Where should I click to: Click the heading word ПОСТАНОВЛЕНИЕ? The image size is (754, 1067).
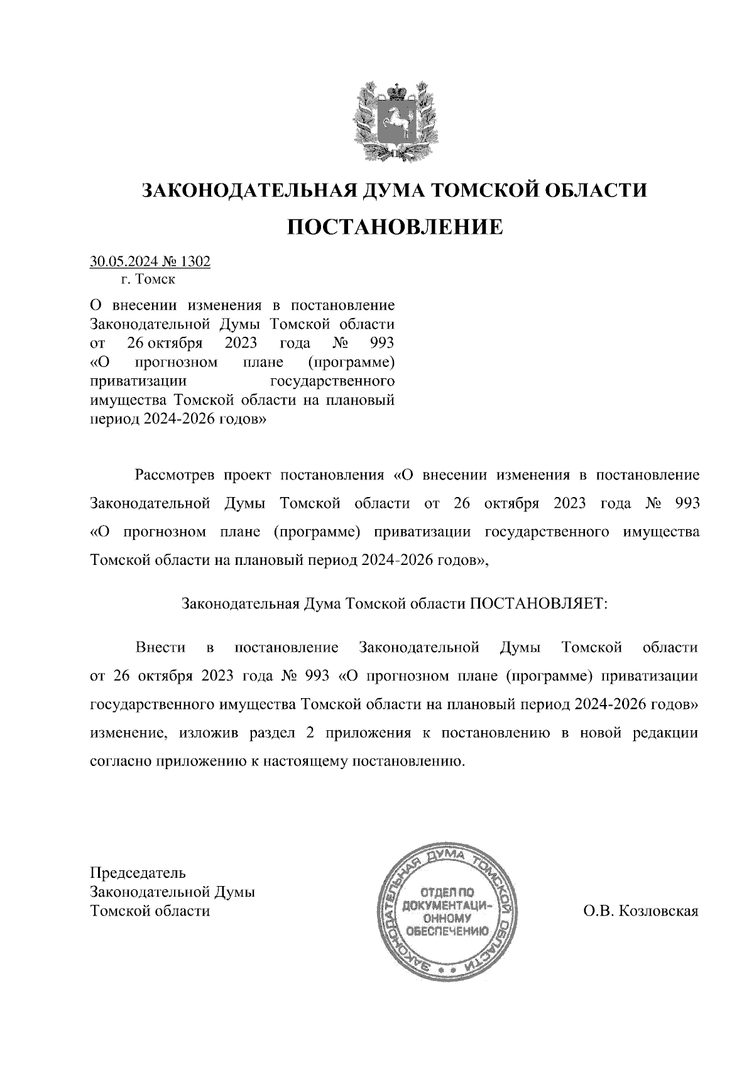pos(395,227)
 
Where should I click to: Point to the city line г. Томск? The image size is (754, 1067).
pos(148,279)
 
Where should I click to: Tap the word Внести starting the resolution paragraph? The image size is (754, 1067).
pos(160,647)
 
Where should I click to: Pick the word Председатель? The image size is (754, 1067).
pos(138,873)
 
